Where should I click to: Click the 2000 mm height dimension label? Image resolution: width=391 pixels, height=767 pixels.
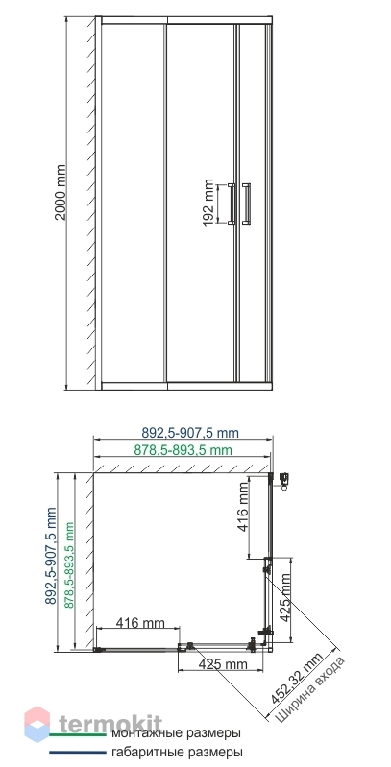pyautogui.click(x=61, y=192)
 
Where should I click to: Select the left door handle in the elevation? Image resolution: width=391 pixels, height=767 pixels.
pyautogui.click(x=232, y=204)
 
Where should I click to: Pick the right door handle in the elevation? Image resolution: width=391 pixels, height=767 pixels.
pyautogui.click(x=246, y=204)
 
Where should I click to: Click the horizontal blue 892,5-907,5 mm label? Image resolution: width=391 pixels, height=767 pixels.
pyautogui.click(x=190, y=433)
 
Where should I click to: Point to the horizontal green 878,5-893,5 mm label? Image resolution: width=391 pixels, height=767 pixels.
pyautogui.click(x=183, y=450)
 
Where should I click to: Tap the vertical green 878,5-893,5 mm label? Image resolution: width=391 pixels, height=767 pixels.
pyautogui.click(x=69, y=565)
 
